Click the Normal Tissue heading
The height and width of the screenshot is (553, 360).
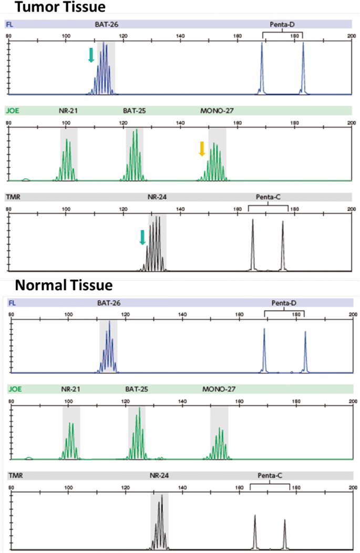(x=64, y=285)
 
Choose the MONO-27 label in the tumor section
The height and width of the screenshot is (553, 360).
(x=215, y=111)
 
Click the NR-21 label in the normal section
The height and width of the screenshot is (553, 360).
(x=70, y=390)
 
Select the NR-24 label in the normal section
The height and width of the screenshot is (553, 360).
(x=159, y=476)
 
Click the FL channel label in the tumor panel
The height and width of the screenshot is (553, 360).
(x=9, y=24)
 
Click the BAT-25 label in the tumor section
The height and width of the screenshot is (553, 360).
(x=134, y=111)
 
